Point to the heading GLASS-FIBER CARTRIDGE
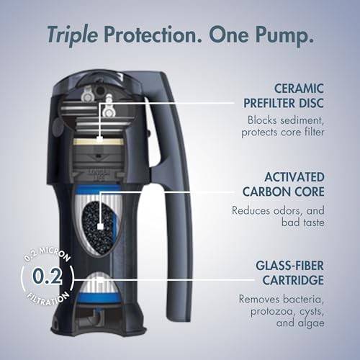(x=277, y=271)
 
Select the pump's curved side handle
(x=178, y=180)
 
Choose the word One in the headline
(x=230, y=33)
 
